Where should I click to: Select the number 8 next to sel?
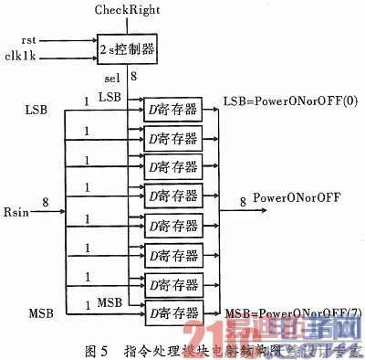click(135, 79)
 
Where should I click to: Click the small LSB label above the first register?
click(109, 97)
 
